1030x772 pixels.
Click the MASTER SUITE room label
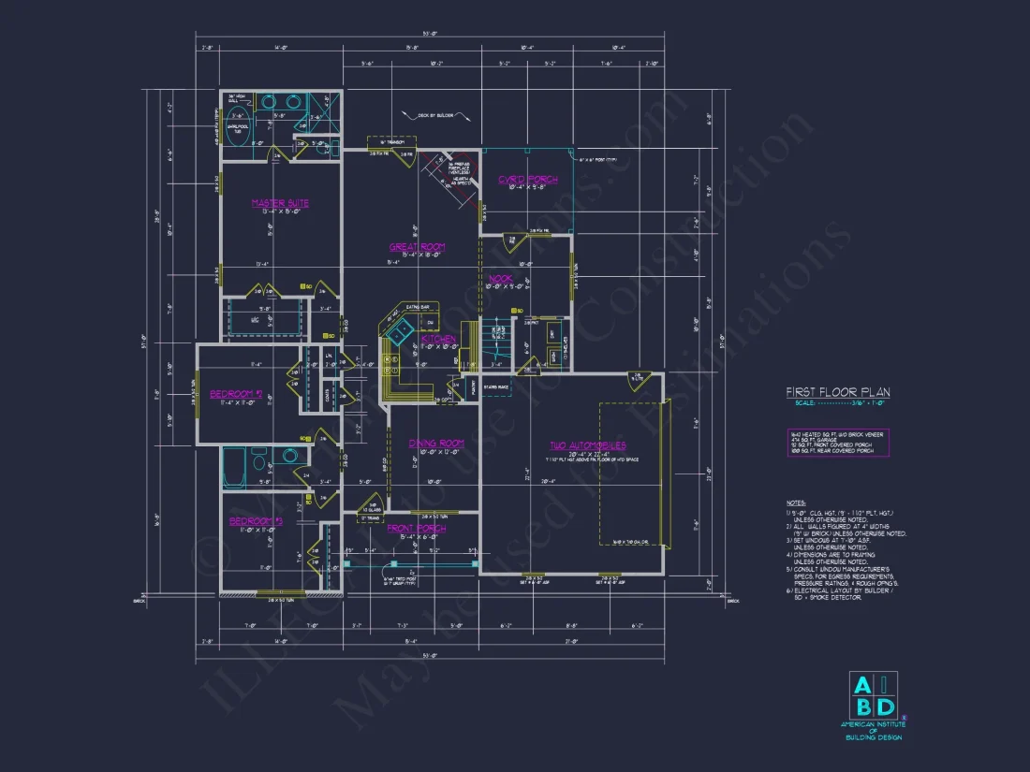point(280,203)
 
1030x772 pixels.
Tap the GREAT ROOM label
point(417,247)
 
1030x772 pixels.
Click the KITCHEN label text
point(438,339)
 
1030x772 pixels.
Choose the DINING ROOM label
point(436,443)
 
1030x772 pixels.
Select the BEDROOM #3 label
point(256,520)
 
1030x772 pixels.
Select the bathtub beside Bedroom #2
point(234,467)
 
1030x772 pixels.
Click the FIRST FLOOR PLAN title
point(837,393)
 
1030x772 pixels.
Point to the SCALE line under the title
point(837,404)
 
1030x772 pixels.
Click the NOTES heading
point(796,503)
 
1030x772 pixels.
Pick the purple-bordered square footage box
point(838,443)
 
